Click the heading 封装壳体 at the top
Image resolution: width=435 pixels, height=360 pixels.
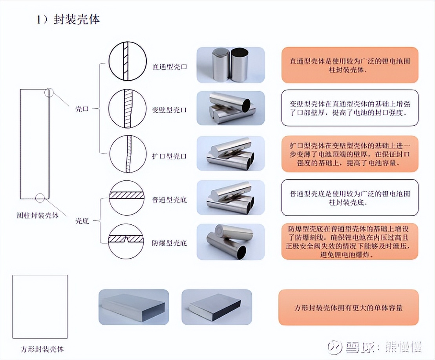coord(77,20)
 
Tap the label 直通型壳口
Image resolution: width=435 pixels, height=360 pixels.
coord(170,66)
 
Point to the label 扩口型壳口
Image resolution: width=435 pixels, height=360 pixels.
coord(170,156)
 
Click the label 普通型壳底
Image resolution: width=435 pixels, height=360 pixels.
coord(170,200)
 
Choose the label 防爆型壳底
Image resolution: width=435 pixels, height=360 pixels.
coord(170,243)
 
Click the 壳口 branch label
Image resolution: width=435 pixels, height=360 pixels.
coord(82,109)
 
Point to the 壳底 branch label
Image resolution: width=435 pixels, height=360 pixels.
coord(82,221)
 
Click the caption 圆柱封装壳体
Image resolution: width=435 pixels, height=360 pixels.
coord(38,215)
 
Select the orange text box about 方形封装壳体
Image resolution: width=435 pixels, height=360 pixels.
coord(348,307)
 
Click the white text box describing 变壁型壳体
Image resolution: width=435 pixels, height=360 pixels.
coord(350,108)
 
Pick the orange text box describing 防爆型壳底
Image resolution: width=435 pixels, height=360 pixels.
coord(350,241)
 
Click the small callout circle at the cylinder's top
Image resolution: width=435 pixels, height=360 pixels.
coord(49,92)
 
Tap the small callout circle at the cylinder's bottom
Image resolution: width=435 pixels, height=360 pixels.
coord(40,197)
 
